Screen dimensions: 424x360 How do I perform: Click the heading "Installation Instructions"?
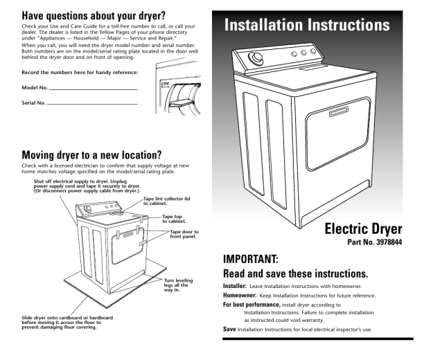[307, 25]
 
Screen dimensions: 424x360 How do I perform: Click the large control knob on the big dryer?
[256, 58]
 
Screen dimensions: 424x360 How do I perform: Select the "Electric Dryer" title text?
[363, 229]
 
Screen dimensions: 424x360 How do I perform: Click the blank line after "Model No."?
[94, 89]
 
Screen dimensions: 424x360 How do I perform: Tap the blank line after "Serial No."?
[92, 104]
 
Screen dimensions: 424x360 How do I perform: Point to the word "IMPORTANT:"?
[250, 259]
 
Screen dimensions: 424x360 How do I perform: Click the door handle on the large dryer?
[339, 111]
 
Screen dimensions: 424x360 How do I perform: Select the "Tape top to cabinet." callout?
[174, 219]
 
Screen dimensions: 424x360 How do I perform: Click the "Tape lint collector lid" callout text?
[166, 201]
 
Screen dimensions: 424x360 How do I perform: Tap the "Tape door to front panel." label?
[184, 234]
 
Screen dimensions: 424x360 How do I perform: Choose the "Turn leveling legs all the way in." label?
[178, 285]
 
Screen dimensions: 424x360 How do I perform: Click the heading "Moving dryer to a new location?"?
[91, 155]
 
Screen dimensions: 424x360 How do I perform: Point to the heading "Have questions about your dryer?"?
[94, 16]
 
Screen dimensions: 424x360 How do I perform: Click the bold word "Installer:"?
[235, 286]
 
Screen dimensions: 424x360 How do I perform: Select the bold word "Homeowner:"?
[240, 296]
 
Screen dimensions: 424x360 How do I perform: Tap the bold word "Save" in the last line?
[229, 329]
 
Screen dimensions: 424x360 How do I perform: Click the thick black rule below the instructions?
[318, 339]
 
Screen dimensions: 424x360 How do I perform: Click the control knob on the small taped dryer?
[88, 209]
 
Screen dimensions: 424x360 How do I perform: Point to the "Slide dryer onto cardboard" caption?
[67, 323]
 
